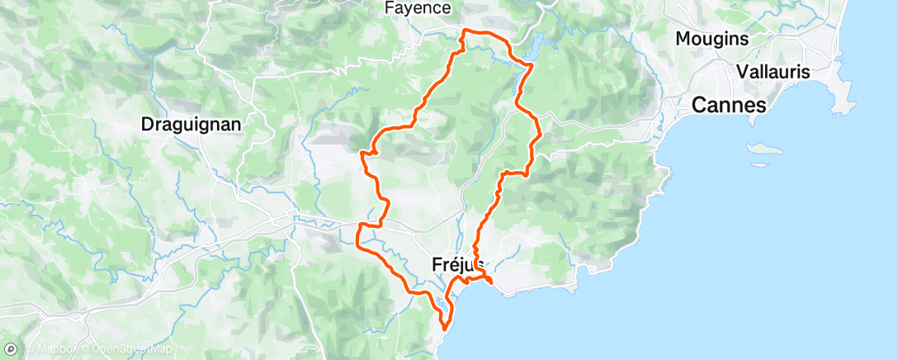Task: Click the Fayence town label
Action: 418,8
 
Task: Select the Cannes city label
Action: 729,105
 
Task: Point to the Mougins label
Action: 711,39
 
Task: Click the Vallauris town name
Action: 773,72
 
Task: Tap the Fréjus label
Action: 458,264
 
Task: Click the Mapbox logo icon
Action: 11,350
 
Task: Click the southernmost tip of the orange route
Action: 445,327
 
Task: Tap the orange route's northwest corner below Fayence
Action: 463,31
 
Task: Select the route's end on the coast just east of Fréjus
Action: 492,286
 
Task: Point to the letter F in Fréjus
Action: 437,264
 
